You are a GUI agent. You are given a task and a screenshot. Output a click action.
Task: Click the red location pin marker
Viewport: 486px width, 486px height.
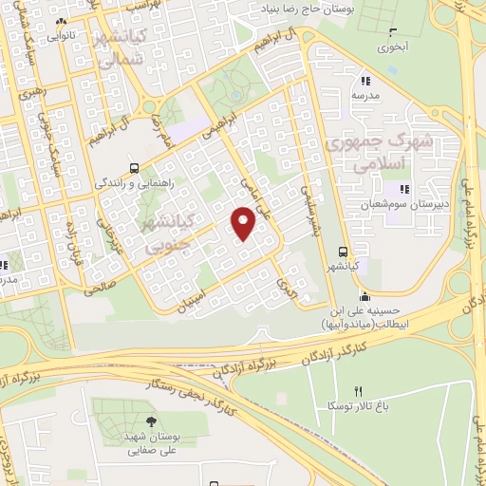pyautogui.click(x=244, y=222)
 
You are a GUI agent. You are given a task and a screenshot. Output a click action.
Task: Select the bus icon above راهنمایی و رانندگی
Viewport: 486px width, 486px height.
pyautogui.click(x=134, y=162)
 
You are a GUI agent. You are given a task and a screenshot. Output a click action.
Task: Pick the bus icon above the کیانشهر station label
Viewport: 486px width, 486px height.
pyautogui.click(x=344, y=250)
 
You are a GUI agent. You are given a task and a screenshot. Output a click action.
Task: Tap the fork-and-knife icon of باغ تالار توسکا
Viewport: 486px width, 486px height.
pyautogui.click(x=358, y=390)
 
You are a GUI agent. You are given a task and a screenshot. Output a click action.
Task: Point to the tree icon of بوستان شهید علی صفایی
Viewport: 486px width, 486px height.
pyautogui.click(x=151, y=421)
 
